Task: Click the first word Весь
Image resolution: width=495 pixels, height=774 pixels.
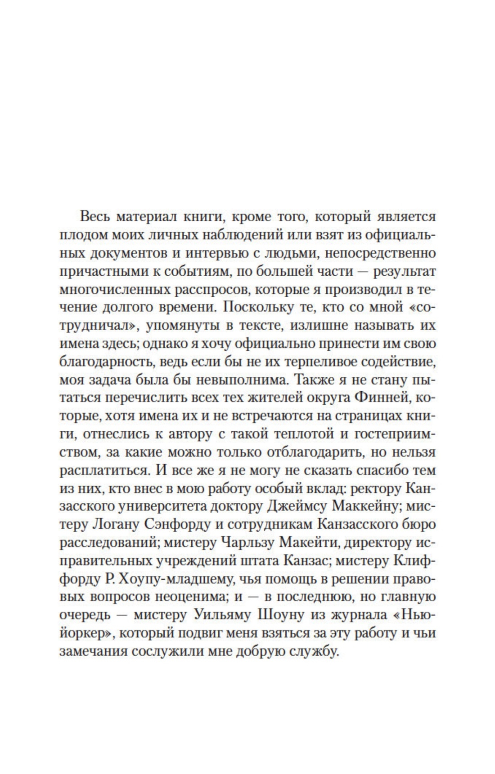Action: pyautogui.click(x=94, y=217)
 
